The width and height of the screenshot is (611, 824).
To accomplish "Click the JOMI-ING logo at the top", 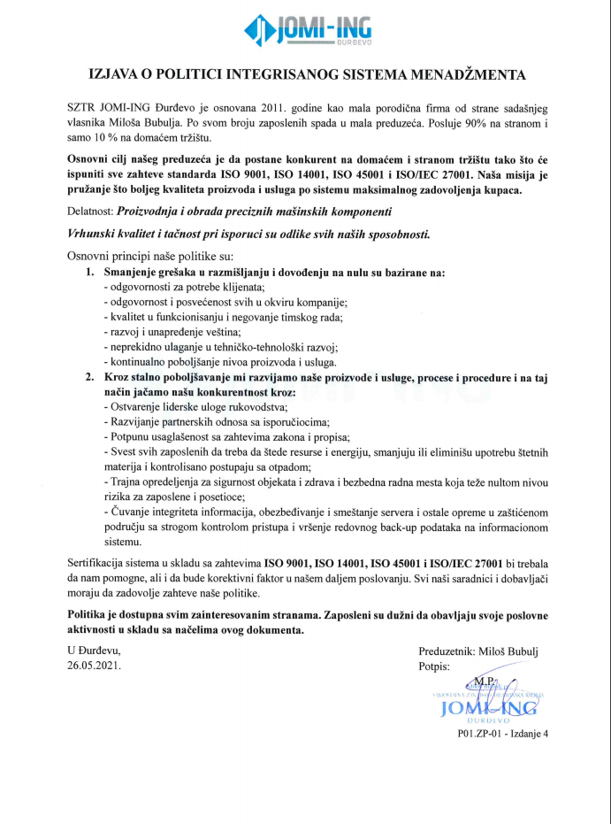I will pos(304,31).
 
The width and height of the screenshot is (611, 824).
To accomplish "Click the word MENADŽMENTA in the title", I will pos(465,74).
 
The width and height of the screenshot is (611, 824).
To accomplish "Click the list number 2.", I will pos(90,378).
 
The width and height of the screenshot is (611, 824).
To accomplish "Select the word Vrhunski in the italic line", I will pos(92,234).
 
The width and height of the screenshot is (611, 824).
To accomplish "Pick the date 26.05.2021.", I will pos(95,665).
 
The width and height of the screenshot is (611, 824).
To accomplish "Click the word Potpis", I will pos(434,665).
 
